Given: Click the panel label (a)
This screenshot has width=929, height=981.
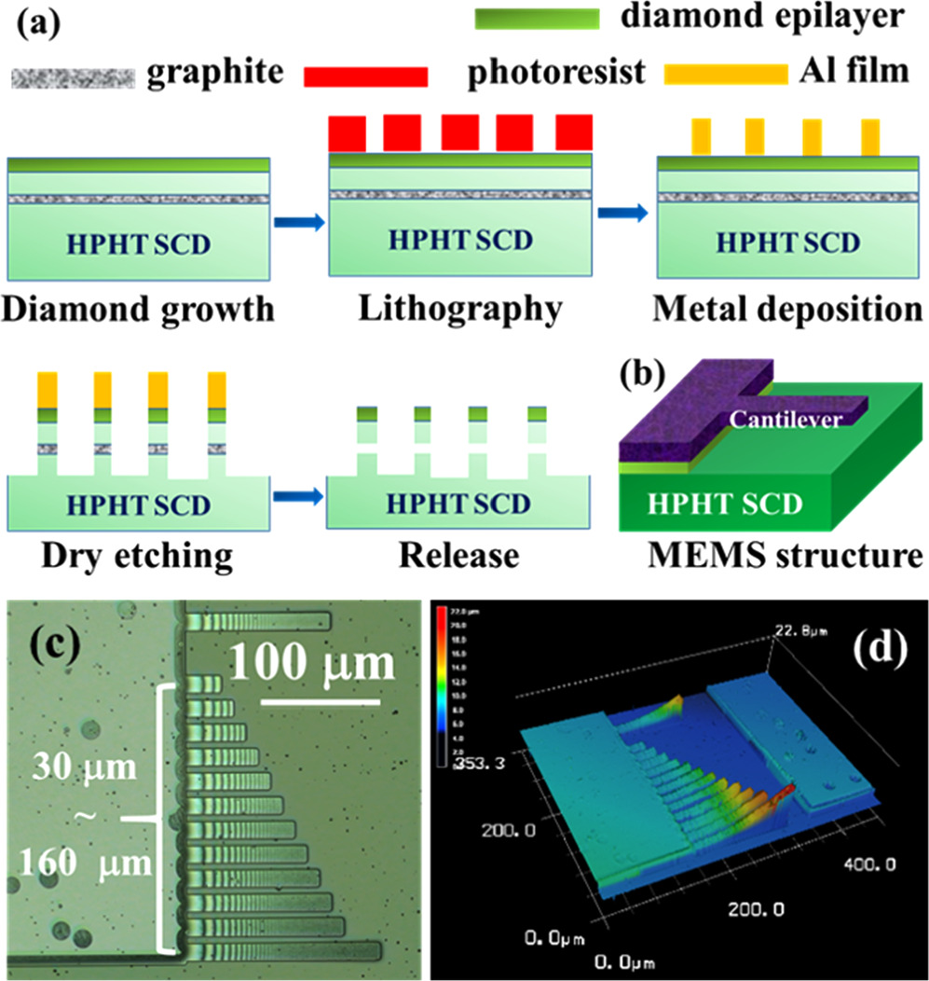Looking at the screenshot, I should (38, 21).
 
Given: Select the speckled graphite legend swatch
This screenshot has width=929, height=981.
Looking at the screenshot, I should (73, 76).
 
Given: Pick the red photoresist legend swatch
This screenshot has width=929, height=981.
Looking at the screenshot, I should (366, 76).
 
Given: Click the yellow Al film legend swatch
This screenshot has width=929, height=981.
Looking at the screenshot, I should (725, 72).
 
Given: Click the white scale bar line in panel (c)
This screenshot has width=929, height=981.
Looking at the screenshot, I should (319, 700).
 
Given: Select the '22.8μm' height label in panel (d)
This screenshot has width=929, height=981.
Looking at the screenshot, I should (800, 635).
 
